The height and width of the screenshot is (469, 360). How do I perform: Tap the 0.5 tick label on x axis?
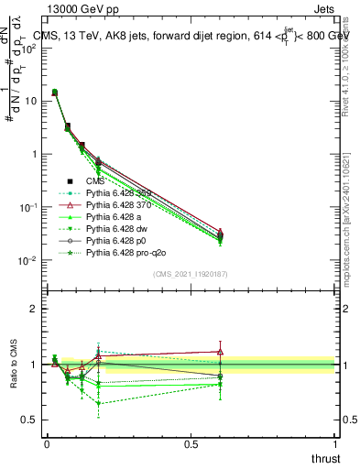click(x=191, y=443)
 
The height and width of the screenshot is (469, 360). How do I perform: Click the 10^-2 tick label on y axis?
click(x=27, y=260)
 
